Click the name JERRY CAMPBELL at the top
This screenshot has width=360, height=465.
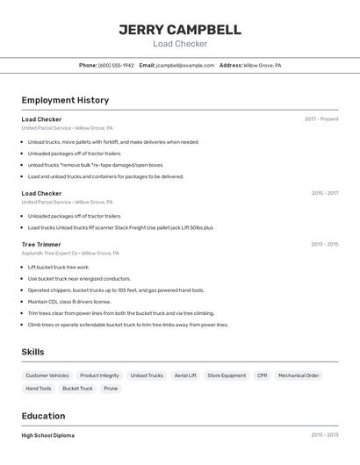click(180, 30)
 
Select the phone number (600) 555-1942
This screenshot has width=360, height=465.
click(116, 65)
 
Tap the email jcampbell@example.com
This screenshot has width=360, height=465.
click(185, 65)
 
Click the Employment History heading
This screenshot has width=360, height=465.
click(65, 100)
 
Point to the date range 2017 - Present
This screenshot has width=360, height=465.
click(321, 118)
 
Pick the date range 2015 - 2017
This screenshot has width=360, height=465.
click(324, 193)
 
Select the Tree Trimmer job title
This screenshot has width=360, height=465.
click(41, 244)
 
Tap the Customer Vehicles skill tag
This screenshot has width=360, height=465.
click(47, 376)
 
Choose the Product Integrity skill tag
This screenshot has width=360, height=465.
click(99, 376)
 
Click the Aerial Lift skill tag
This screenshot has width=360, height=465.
click(185, 376)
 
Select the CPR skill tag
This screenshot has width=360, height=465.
click(262, 376)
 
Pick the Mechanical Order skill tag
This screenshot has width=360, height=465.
click(299, 376)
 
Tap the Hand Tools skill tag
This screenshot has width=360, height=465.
click(39, 388)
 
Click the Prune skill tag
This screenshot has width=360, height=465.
click(111, 388)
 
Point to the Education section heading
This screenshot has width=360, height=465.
click(44, 416)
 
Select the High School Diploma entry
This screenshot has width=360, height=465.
click(48, 435)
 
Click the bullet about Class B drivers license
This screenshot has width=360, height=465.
click(69, 301)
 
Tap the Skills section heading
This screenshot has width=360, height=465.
click(32, 352)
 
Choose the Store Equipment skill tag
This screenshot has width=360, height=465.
click(227, 376)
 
